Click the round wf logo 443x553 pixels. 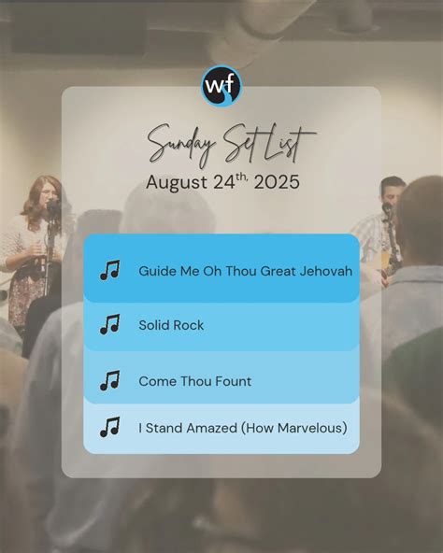click(x=221, y=86)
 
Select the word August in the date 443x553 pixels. click(x=177, y=183)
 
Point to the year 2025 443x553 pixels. click(x=277, y=182)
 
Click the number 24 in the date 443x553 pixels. click(x=224, y=182)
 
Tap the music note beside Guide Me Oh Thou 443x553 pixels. click(x=109, y=270)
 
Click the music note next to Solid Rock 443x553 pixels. click(x=109, y=324)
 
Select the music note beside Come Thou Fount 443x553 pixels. click(x=109, y=380)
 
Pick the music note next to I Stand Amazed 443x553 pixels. click(x=109, y=427)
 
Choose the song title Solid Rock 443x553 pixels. click(x=171, y=325)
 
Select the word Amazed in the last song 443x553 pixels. click(x=211, y=428)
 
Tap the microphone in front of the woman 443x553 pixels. click(x=53, y=206)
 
